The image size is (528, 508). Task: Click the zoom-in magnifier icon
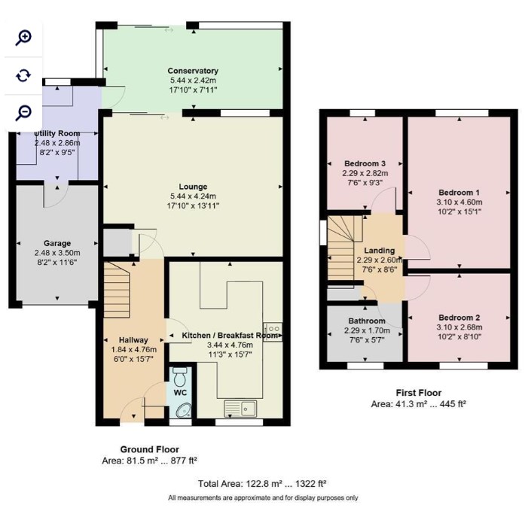(x=23, y=38)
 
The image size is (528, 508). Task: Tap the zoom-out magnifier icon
(x=23, y=113)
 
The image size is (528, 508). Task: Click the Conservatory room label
(x=193, y=71)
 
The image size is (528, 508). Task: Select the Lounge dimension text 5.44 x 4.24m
(x=193, y=196)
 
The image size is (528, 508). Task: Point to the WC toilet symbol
(x=179, y=377)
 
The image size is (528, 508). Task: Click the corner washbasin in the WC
(x=184, y=410)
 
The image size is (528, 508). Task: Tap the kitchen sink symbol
(x=240, y=408)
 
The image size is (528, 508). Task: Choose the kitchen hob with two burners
(x=273, y=332)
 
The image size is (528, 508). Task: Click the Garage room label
(x=57, y=243)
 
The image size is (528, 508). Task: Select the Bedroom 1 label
(x=459, y=193)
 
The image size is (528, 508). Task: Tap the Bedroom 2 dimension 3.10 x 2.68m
(x=459, y=327)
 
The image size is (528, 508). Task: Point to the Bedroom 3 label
(x=365, y=164)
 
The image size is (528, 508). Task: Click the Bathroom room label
(x=367, y=321)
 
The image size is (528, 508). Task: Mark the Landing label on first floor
(x=380, y=251)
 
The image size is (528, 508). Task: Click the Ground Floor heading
(x=149, y=449)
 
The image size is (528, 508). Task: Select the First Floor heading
(x=419, y=393)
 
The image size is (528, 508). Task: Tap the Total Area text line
(x=262, y=484)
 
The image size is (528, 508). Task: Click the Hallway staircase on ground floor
(x=117, y=290)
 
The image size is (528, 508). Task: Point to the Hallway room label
(x=133, y=340)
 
